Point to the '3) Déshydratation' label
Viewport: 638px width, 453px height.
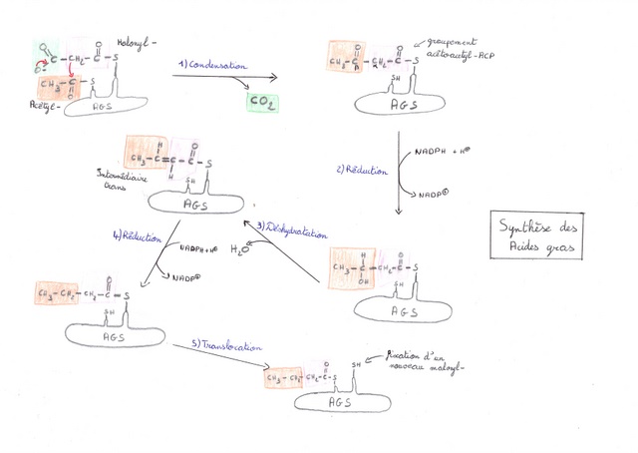tap(293, 232)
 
